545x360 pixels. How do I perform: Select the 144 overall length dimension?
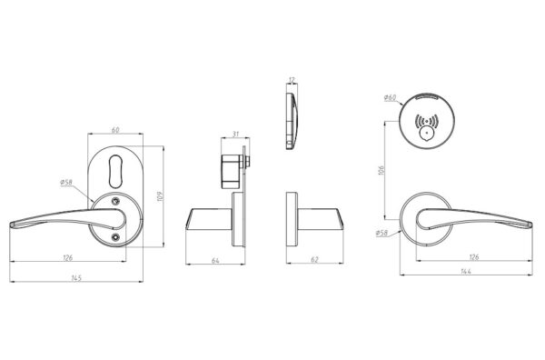pyautogui.click(x=465, y=271)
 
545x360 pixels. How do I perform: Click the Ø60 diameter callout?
pyautogui.click(x=390, y=97)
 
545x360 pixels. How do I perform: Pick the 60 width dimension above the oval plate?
pyautogui.click(x=115, y=130)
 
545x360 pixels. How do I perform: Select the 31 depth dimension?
pyautogui.click(x=234, y=134)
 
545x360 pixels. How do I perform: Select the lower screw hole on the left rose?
pyautogui.click(x=115, y=238)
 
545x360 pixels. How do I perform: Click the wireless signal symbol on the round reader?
pyautogui.click(x=426, y=120)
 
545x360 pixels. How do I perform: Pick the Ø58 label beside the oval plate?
pyautogui.click(x=67, y=183)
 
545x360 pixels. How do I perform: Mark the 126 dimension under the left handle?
pyautogui.click(x=67, y=258)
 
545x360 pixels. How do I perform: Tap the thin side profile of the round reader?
pyautogui.click(x=292, y=117)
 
